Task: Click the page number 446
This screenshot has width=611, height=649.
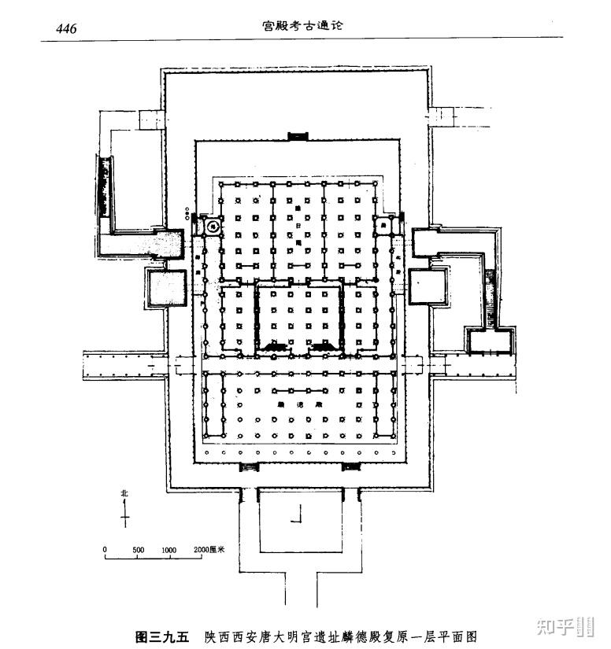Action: coord(65,29)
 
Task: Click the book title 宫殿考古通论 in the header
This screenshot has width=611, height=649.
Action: coord(304,25)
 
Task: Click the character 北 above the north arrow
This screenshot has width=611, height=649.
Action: coord(124,493)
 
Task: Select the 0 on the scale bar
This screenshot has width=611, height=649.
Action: coord(105,549)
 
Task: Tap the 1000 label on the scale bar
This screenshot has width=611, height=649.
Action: coord(168,549)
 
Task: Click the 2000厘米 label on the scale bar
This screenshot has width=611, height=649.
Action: coord(209,549)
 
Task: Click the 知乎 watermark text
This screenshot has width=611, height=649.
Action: coord(553,625)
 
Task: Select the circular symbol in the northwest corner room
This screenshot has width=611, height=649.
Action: coord(212,225)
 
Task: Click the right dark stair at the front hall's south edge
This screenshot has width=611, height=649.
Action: coord(350,467)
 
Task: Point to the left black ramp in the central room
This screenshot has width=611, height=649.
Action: coord(276,345)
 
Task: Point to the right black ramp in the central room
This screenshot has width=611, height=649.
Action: coord(323,345)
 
